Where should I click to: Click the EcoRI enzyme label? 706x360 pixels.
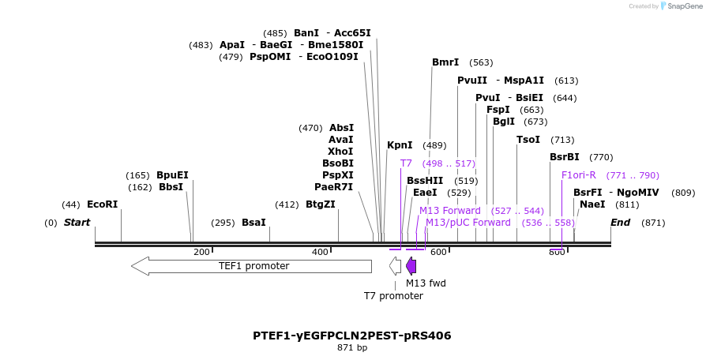102,204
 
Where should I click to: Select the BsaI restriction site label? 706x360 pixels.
253,223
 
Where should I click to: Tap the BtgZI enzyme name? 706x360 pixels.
320,204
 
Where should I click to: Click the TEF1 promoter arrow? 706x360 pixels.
251,266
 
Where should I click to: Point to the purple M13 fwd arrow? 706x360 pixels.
411,266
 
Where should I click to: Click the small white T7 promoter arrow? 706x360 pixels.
395,266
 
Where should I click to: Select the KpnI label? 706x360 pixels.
400,145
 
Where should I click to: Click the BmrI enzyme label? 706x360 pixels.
445,62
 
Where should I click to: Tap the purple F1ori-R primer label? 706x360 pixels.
579,175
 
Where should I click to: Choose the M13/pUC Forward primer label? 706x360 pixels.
468,223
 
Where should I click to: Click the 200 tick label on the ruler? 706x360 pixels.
201,252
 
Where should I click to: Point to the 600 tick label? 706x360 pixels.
438,252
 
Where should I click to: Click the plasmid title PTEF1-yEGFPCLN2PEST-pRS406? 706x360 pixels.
352,336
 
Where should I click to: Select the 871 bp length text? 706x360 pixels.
352,347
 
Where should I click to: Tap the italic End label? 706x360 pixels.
620,223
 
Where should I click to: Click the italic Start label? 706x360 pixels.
77,223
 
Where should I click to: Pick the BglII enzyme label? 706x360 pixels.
504,122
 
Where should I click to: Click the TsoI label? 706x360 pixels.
528,140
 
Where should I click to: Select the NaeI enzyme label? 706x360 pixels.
592,204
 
